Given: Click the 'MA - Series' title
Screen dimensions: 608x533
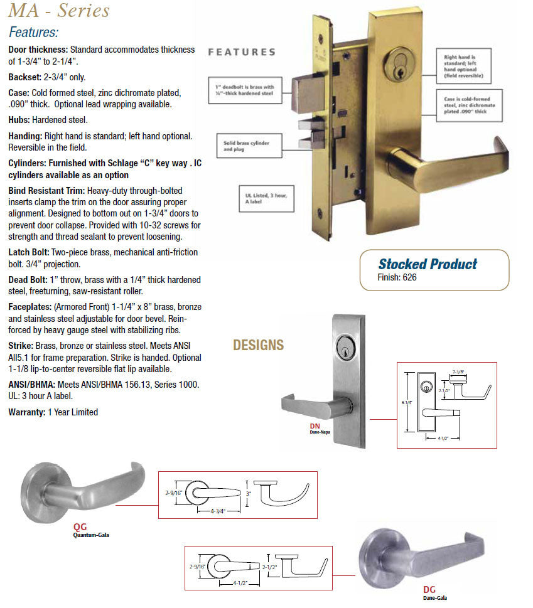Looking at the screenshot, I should (60, 11).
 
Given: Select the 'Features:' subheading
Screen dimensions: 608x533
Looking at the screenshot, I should (34, 33).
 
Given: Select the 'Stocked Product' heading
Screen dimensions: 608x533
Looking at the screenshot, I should (428, 264).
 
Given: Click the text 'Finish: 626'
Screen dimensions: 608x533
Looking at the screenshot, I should (397, 277).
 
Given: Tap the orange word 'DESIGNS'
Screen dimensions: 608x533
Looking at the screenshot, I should (258, 345).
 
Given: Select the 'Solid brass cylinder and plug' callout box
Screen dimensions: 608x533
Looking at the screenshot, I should (246, 146).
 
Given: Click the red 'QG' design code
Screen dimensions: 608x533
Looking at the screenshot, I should (80, 528).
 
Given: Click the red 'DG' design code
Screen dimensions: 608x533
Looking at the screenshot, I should (429, 590).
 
